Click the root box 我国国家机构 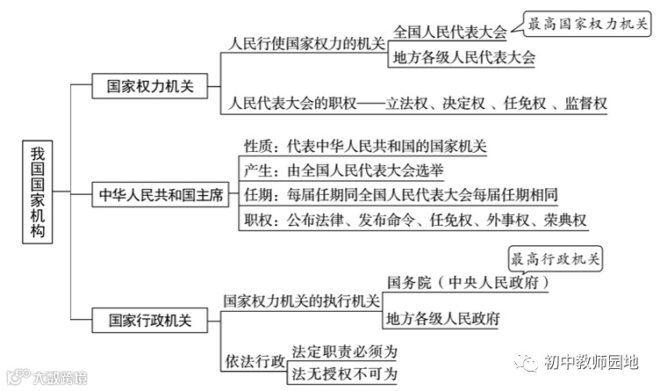click(x=37, y=190)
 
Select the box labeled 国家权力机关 click(x=144, y=86)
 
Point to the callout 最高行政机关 click(x=559, y=258)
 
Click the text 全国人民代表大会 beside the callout click(x=450, y=33)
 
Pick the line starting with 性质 click(x=364, y=146)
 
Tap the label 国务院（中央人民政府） click(x=469, y=283)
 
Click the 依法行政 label click(x=254, y=362)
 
